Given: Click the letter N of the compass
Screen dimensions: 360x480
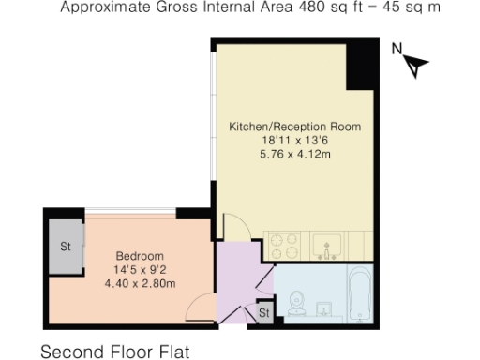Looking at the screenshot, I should coord(397,49).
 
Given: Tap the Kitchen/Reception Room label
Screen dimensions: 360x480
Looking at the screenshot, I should coord(295,126).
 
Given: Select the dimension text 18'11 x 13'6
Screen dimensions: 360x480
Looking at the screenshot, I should coord(295,140).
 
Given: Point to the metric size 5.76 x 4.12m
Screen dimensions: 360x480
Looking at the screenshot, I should coord(295,154).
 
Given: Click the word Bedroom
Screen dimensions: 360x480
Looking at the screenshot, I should coord(140,256).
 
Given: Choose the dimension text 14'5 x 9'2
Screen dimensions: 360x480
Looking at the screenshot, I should coord(140,270).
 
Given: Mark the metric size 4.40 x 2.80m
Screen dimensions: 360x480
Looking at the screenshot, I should coord(140,283).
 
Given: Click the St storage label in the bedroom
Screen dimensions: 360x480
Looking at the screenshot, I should coord(66,247).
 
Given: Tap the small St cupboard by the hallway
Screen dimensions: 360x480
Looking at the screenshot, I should coord(263,312).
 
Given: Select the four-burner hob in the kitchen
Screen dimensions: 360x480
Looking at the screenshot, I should coord(284,246).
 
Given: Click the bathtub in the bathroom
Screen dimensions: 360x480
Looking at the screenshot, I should coord(360,293).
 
